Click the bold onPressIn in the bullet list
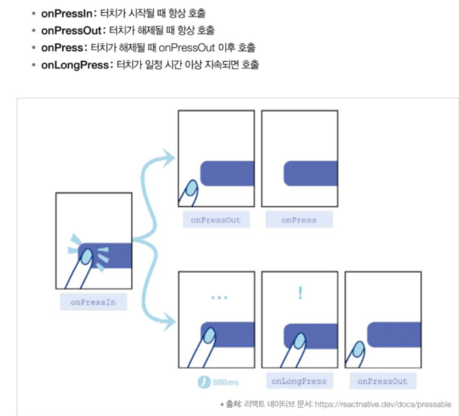click(64, 13)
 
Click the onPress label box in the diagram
click(299, 219)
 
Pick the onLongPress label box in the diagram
click(299, 381)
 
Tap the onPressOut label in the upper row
click(215, 219)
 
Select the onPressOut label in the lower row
click(382, 381)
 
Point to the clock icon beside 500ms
click(205, 382)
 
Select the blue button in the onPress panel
click(309, 173)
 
